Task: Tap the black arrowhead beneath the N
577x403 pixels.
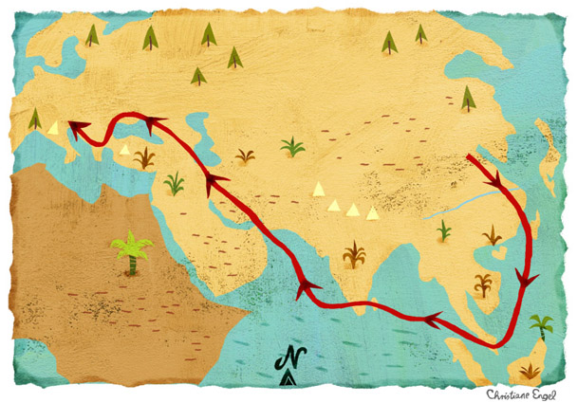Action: tap(288, 379)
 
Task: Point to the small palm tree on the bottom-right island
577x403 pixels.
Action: tap(541, 326)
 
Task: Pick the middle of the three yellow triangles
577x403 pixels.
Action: tap(352, 209)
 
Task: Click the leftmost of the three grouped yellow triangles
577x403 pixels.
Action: tap(333, 203)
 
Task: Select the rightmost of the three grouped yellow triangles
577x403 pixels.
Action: tap(372, 212)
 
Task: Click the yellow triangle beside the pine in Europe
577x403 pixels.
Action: tap(53, 126)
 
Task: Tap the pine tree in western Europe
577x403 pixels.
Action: tap(34, 119)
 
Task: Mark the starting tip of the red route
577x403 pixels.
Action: tap(469, 156)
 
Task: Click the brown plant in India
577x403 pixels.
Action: tap(354, 253)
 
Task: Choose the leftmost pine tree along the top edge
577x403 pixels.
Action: tap(91, 35)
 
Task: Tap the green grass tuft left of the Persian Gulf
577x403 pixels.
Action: tap(173, 182)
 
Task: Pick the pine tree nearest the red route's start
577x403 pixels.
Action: tap(467, 97)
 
